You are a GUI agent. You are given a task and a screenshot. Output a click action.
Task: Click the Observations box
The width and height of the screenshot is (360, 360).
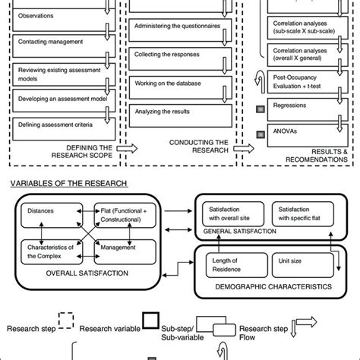click(61, 16)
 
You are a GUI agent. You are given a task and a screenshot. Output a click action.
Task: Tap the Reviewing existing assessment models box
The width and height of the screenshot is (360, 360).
click(61, 72)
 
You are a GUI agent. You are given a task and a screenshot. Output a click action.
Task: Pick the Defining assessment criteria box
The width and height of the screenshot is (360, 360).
click(61, 126)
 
